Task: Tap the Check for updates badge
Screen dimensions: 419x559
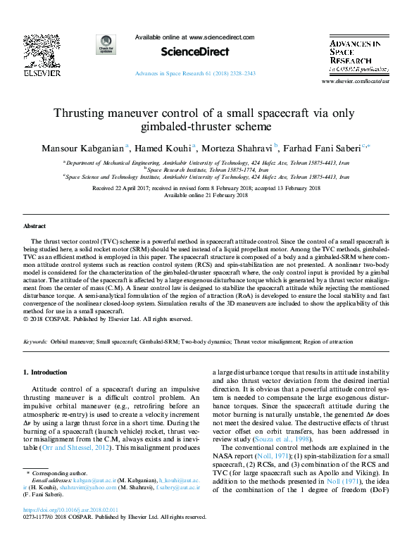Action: (x=107, y=45)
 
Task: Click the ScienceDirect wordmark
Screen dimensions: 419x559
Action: (x=185, y=51)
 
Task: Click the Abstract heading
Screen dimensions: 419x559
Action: (x=35, y=227)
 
